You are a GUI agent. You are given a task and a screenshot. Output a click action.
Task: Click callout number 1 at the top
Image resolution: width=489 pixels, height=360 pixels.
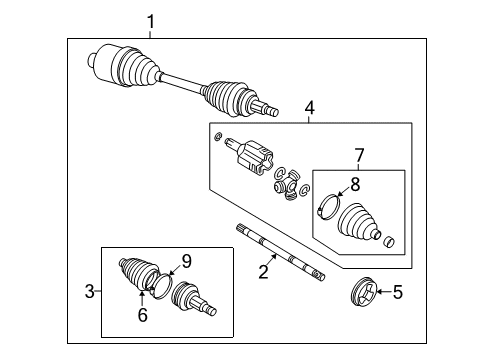(151, 21)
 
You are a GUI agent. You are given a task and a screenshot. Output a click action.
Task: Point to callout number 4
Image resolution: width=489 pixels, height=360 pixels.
(309, 106)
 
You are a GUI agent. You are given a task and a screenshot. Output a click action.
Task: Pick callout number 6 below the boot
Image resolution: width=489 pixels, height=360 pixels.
(142, 314)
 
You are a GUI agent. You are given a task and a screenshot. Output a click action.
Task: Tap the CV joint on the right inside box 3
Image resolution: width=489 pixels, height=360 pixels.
(193, 300)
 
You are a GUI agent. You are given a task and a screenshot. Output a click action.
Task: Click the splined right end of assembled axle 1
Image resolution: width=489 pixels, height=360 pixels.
(265, 106)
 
